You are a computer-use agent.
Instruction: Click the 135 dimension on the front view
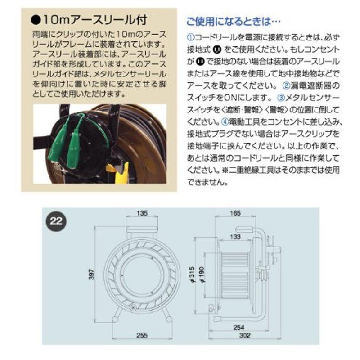tap(143, 212)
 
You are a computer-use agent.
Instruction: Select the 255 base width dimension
tap(142, 335)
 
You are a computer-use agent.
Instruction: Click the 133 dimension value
tap(234, 237)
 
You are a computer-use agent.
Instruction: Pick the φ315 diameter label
tap(192, 275)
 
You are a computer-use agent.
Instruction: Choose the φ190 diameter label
tap(204, 275)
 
